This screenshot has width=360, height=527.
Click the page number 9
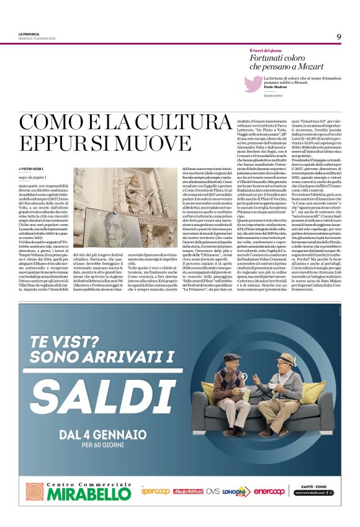tap(339, 37)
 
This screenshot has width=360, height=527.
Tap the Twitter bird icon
tap(253, 83)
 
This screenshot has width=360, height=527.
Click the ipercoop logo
tap(155, 491)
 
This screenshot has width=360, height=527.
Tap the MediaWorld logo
tap(188, 491)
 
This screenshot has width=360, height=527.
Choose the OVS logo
tap(213, 491)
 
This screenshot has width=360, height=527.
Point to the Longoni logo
tap(236, 491)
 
